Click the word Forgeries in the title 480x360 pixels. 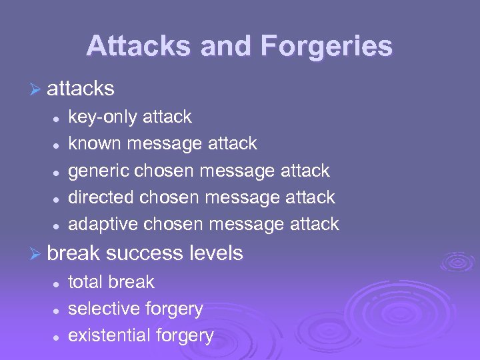point(327,46)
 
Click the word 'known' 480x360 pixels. point(95,143)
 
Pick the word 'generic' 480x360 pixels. point(99,171)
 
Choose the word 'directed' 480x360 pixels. point(101,197)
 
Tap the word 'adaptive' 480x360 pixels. point(103,223)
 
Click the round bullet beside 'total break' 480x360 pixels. point(57,283)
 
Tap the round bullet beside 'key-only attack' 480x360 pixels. point(57,118)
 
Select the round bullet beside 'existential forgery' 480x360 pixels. point(57,337)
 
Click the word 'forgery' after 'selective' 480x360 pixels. point(174,309)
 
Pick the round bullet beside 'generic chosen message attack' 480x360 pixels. point(57,171)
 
